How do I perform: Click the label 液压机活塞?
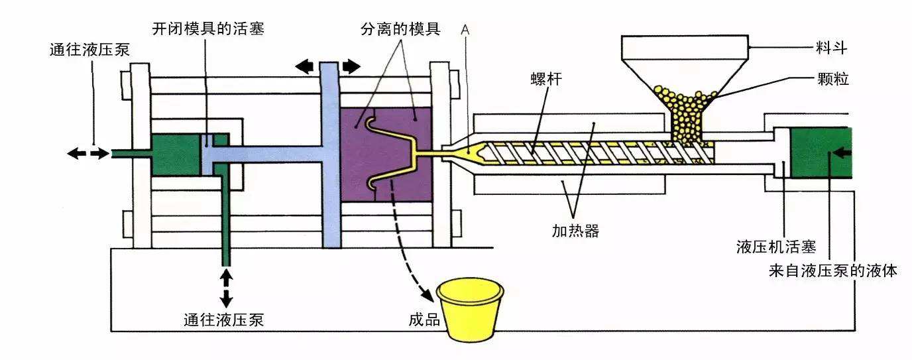(775, 247)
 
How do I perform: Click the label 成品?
(425, 320)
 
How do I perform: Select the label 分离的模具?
(400, 30)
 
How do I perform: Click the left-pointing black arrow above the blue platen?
(305, 66)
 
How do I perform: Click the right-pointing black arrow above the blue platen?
(351, 66)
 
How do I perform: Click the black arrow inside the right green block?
(840, 153)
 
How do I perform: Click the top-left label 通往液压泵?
(91, 50)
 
